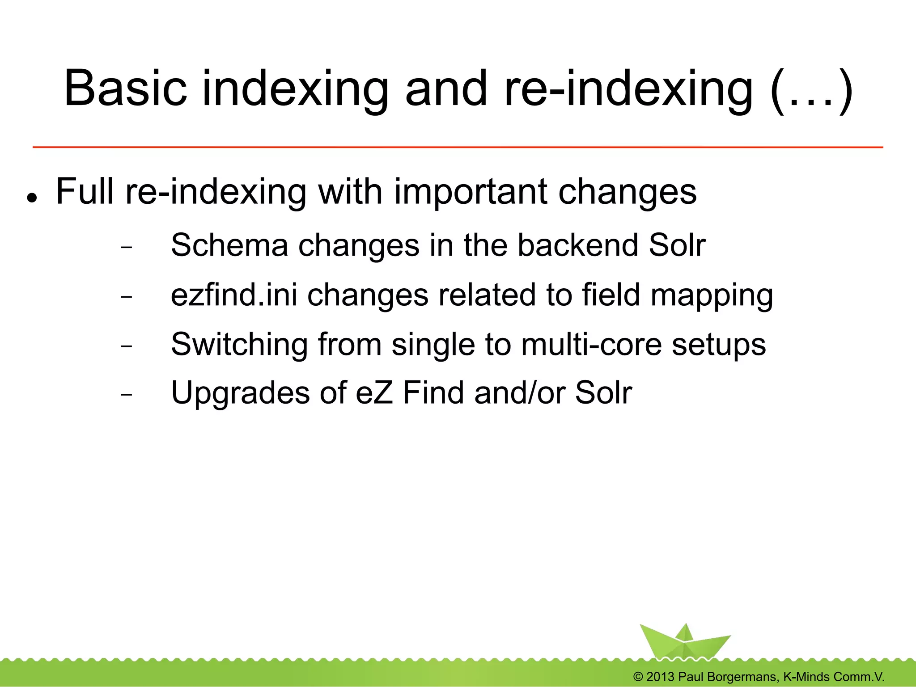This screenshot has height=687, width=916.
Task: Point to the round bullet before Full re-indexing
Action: point(31,197)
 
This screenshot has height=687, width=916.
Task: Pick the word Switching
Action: point(239,346)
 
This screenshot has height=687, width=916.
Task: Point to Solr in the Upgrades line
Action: point(603,393)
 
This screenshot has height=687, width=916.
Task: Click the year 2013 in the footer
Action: point(660,677)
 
